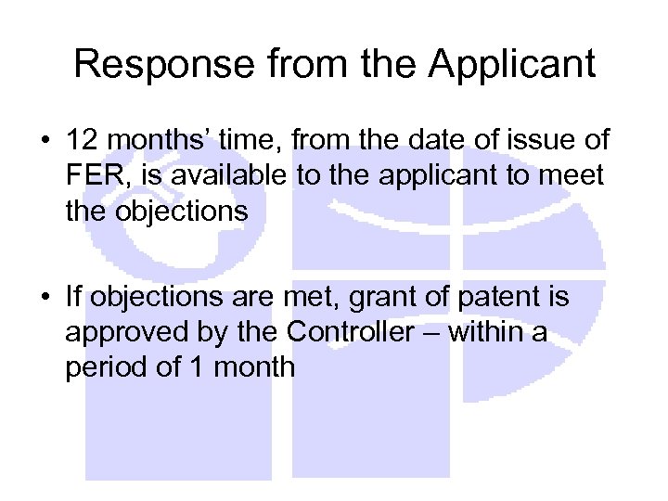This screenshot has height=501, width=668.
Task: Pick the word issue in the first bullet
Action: pos(542,141)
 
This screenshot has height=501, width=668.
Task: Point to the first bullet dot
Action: pos(45,142)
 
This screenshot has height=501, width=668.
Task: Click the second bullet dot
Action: pos(45,299)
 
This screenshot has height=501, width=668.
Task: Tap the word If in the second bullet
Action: pos(74,298)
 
